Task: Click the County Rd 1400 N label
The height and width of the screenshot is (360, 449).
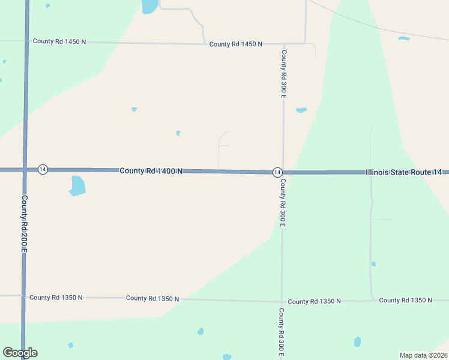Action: click(151, 171)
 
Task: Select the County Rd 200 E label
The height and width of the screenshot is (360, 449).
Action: click(25, 223)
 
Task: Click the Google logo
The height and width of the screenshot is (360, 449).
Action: click(20, 353)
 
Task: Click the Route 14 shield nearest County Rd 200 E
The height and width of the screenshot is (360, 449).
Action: click(43, 170)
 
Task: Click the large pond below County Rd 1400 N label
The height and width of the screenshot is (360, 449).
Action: click(77, 185)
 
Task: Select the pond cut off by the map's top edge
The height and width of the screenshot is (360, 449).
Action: click(149, 6)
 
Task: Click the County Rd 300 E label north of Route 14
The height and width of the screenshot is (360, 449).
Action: click(283, 74)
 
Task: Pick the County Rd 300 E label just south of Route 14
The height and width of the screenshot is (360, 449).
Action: click(282, 202)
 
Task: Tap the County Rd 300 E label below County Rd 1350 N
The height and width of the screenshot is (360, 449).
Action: click(281, 333)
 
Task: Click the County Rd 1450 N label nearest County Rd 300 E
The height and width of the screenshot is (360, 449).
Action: click(236, 44)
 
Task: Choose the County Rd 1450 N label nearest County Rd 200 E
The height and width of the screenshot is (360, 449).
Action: click(59, 41)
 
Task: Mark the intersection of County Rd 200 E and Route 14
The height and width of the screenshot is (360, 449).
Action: click(25, 170)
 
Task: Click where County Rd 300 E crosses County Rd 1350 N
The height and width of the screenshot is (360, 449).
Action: click(282, 301)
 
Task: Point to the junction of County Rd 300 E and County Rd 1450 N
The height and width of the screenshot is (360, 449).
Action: click(283, 44)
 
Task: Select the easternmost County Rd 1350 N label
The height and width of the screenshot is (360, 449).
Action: click(406, 300)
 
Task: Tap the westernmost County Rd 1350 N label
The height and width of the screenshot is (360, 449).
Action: click(56, 298)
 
